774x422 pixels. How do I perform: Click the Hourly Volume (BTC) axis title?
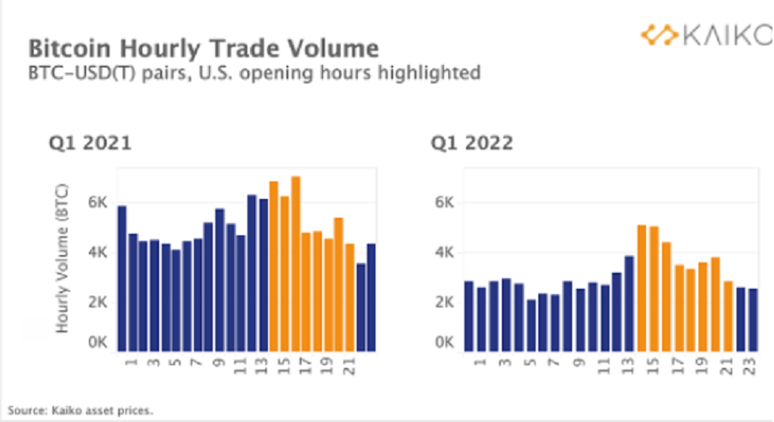click(x=62, y=266)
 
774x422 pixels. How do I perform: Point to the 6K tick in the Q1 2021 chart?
click(x=97, y=203)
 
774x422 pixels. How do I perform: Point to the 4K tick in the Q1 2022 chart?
click(x=444, y=252)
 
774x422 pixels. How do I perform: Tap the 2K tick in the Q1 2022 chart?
click(x=444, y=301)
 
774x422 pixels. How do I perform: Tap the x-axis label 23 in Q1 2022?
click(x=753, y=363)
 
